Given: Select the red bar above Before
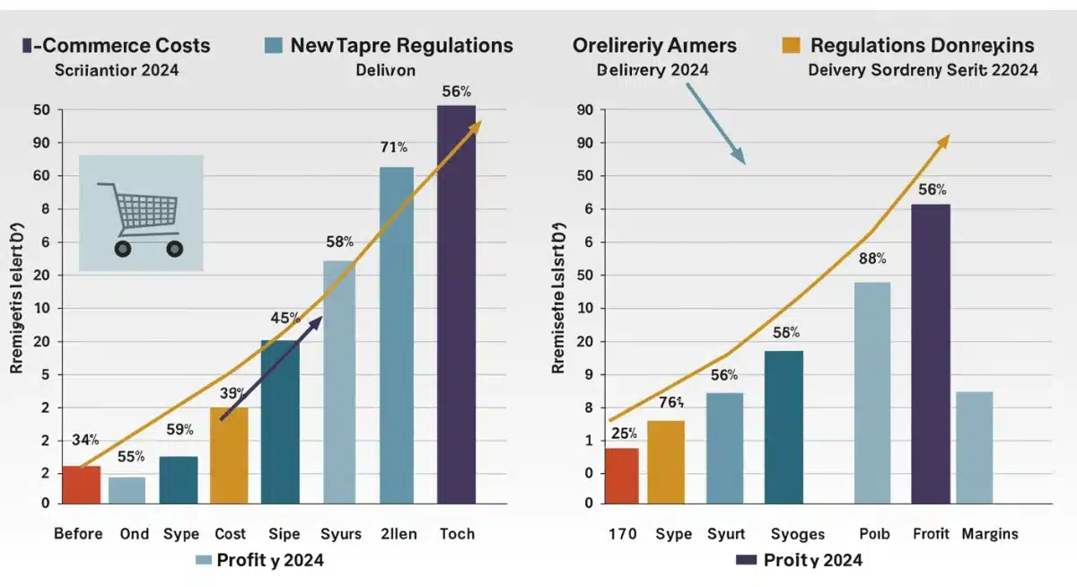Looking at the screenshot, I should click(x=81, y=485).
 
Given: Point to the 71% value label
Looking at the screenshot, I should click(x=394, y=146).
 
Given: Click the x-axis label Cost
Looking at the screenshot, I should click(x=230, y=534).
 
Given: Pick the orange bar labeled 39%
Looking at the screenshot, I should click(x=229, y=455).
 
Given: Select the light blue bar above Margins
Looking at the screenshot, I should click(x=975, y=447).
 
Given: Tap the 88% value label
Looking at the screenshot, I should click(x=871, y=258).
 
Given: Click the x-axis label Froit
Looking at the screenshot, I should click(x=929, y=534).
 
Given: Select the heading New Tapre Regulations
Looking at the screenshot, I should click(x=402, y=46).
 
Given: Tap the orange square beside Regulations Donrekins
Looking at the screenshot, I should click(x=791, y=45).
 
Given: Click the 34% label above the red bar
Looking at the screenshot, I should click(x=84, y=440).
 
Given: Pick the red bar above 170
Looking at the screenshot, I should click(x=621, y=476).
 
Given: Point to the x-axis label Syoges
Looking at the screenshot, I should click(x=797, y=534).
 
